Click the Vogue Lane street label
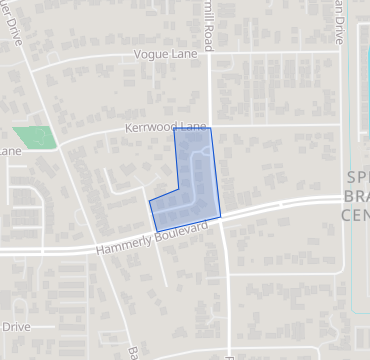pos(164,59)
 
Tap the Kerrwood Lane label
pos(166,128)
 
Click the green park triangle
pos(34,137)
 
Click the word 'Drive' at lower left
pos(16,327)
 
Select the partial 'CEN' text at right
pos(356,214)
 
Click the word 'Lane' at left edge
pos(10,151)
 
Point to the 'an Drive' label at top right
pos(341,22)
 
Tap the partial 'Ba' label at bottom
pos(132,352)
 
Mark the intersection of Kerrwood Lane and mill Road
pos(209,127)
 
